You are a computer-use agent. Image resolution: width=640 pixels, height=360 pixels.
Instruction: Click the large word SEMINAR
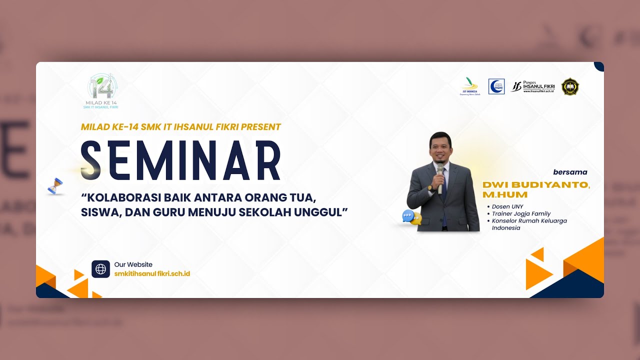point(180,161)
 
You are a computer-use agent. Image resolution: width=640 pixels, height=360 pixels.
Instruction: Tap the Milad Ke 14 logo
point(102,90)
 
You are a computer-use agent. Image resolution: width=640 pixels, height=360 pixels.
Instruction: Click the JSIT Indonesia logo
point(470,86)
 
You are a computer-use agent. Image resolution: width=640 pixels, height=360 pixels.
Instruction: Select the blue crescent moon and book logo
point(496,86)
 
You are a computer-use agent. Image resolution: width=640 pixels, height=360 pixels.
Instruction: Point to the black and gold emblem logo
point(570,86)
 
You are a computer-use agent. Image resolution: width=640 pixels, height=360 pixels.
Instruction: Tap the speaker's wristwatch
point(430,187)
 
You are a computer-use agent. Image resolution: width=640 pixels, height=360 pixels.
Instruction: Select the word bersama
point(570,172)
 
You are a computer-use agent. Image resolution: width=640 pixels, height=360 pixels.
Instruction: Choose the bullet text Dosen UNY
point(507,206)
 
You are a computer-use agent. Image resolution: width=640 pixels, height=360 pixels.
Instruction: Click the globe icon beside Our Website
point(100,269)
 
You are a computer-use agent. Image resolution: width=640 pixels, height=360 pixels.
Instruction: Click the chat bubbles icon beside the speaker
point(411,217)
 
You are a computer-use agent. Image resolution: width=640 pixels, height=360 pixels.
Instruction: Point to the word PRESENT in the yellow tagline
point(260,127)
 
